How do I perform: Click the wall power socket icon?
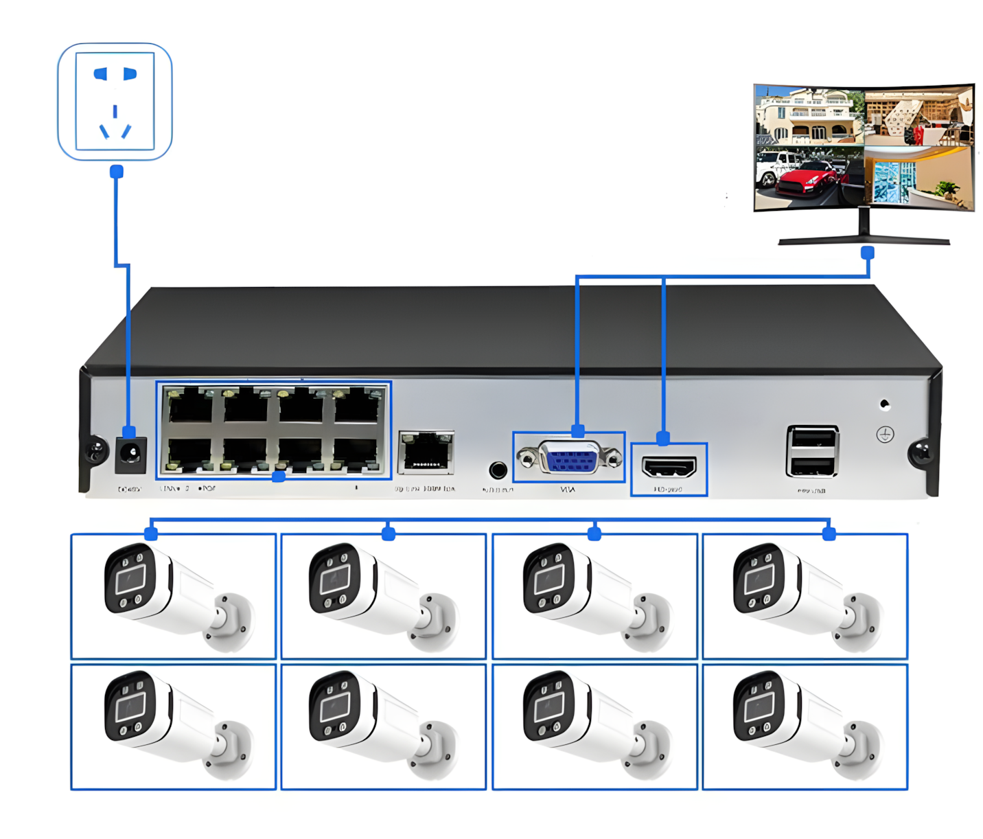115,102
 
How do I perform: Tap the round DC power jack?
130,452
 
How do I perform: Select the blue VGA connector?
569,457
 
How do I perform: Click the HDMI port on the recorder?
669,468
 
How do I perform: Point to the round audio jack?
498,470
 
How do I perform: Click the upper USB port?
813,439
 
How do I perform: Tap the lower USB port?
813,466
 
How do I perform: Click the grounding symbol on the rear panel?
885,435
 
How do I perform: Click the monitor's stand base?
864,240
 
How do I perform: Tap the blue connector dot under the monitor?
868,253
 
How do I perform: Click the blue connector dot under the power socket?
117,172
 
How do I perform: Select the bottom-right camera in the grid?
805,726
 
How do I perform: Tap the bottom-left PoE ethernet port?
190,454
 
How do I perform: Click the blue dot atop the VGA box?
578,431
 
